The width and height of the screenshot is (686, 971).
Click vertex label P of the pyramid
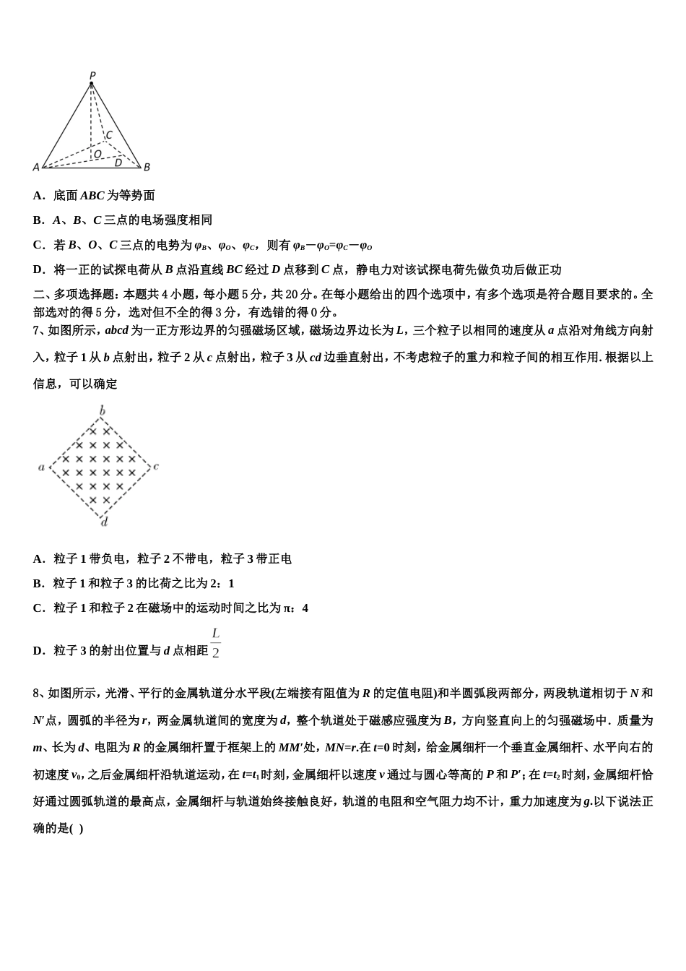(92, 75)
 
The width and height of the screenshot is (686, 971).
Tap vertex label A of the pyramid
(36, 168)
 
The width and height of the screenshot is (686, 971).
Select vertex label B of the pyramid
(147, 168)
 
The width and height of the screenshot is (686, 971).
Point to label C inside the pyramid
(109, 135)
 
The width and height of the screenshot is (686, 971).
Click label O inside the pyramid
(97, 154)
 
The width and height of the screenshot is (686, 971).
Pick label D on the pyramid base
(118, 163)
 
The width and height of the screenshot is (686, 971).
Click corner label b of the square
(103, 411)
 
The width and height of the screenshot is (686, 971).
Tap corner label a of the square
(41, 467)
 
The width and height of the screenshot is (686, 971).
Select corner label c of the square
(157, 467)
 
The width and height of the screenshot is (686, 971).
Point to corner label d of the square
(104, 522)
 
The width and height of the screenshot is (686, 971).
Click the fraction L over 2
(215, 643)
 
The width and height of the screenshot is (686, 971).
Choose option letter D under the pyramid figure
(38, 270)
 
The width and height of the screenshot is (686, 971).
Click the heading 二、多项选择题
(77, 295)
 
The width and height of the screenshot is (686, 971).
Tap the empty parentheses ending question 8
(77, 829)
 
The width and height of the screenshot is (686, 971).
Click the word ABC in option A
(92, 196)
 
